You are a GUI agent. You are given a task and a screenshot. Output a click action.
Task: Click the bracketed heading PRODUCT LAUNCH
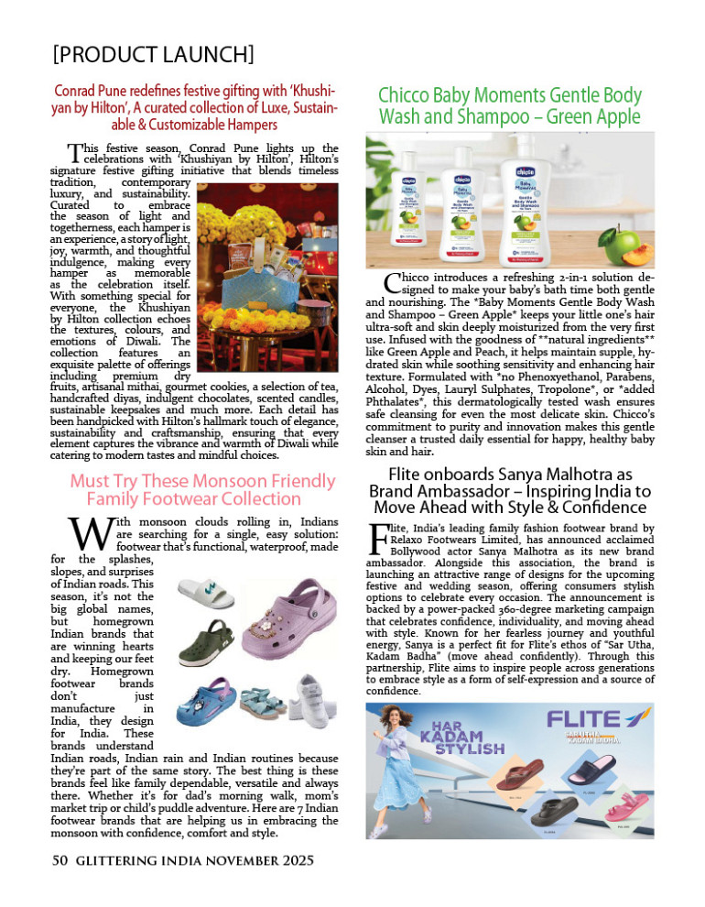click(153, 52)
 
